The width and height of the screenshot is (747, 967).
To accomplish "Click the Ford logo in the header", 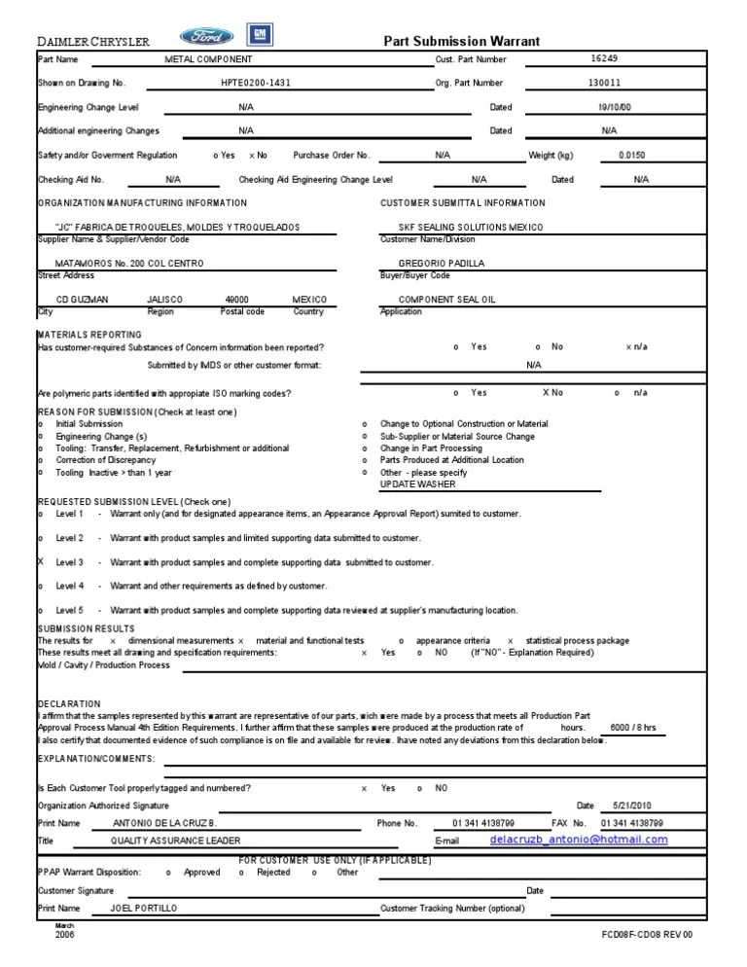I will tap(205, 36).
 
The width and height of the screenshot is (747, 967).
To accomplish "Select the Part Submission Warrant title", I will tap(462, 40).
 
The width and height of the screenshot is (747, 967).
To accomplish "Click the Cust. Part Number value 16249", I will tap(604, 58).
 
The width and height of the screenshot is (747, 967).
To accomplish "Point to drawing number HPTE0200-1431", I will tap(255, 84).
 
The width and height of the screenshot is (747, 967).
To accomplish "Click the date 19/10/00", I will tap(614, 108).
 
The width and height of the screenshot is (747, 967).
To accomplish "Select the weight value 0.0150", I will tap(630, 155).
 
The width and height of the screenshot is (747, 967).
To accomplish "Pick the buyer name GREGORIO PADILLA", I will tap(441, 263).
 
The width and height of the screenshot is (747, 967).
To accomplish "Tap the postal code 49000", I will tap(236, 300).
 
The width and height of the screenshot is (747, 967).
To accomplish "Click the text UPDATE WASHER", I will tap(417, 483).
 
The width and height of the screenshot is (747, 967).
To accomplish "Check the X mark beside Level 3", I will tap(41, 562).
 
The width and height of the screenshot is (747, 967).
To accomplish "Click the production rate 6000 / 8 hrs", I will tap(632, 728).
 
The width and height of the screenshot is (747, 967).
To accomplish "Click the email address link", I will tap(578, 839).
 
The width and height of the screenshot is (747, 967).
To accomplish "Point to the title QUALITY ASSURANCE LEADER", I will tap(175, 841).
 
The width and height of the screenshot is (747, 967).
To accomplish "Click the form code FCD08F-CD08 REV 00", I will tap(647, 935).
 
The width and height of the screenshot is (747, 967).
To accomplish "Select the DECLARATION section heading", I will tap(68, 703).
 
